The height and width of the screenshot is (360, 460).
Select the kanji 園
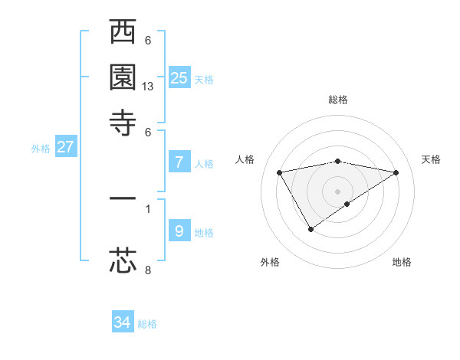(x=123, y=78)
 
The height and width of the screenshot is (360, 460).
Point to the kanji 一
(x=123, y=198)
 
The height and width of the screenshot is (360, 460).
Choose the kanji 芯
(x=123, y=260)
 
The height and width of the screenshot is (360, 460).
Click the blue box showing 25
(x=179, y=77)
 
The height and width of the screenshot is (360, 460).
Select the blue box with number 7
(x=179, y=162)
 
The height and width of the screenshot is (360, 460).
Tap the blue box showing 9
(x=179, y=231)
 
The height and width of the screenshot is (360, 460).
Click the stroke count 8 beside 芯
(x=148, y=270)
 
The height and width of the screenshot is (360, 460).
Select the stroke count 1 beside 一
(x=148, y=208)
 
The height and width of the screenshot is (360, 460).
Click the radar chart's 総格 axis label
(x=338, y=100)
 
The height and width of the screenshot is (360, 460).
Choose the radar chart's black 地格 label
(x=402, y=262)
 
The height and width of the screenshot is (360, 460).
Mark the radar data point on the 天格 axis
(x=396, y=172)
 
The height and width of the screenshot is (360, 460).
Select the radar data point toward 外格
(x=310, y=229)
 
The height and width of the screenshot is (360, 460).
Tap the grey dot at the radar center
(x=338, y=191)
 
